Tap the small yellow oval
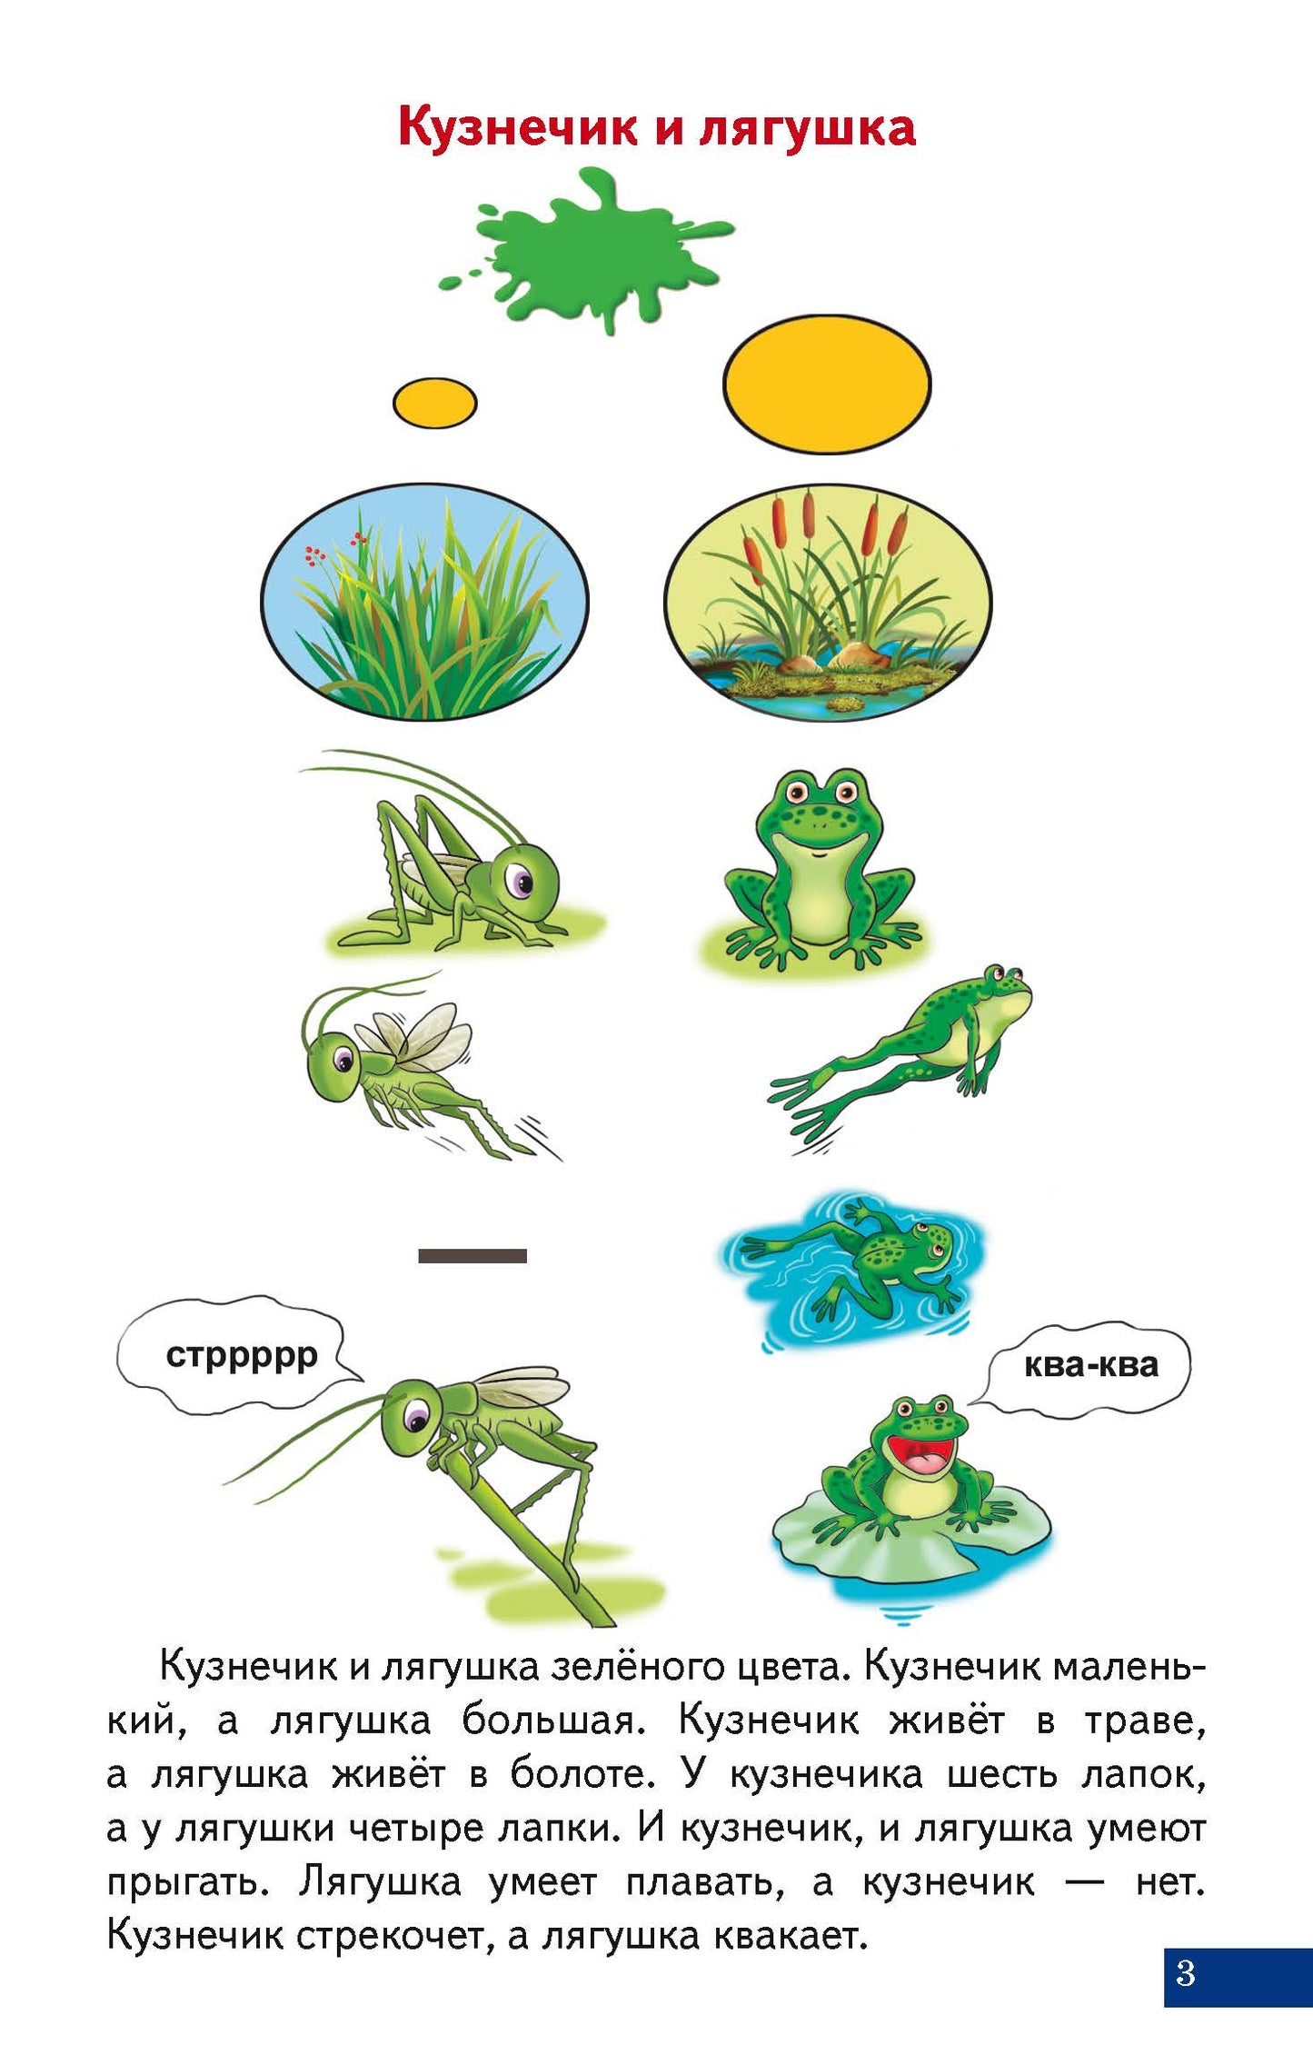point(434,403)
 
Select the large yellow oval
point(827,384)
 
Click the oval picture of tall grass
point(424,602)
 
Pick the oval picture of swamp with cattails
point(828,603)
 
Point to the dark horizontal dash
point(472,1256)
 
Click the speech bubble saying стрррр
point(238,1355)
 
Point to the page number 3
point(1185,1973)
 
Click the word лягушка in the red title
point(807,127)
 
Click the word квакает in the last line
point(791,1936)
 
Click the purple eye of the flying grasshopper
point(343,1059)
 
